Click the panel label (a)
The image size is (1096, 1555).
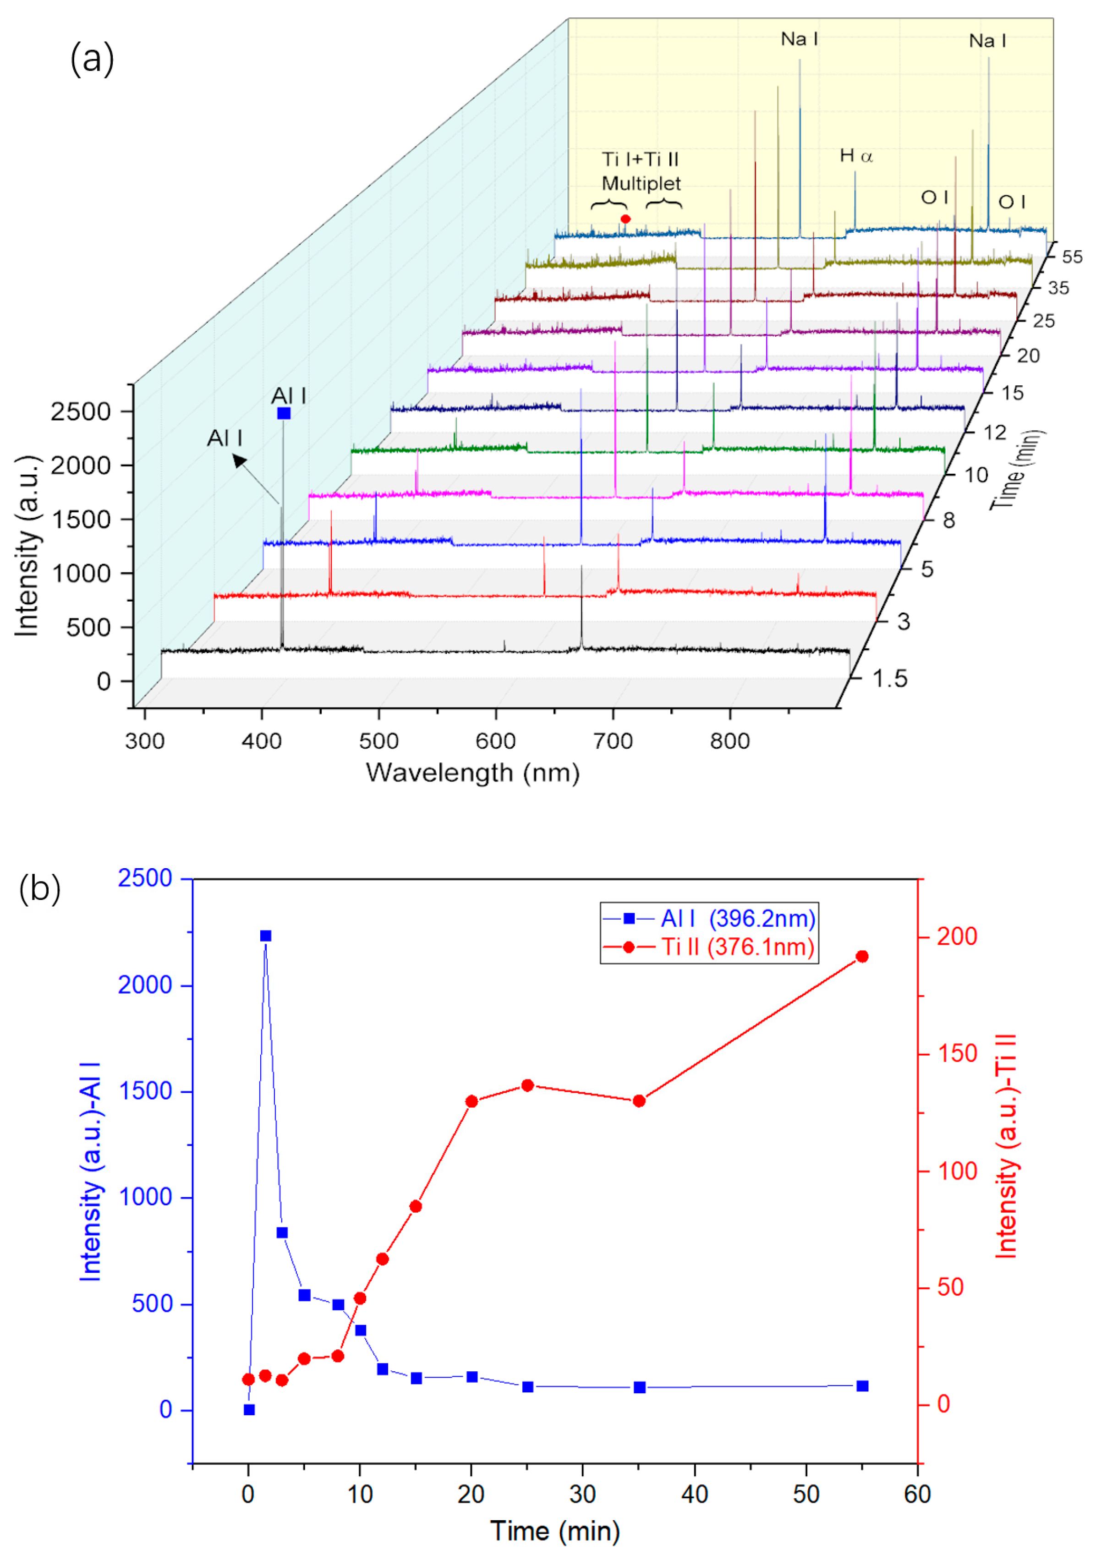point(92,60)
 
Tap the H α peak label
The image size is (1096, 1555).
point(856,156)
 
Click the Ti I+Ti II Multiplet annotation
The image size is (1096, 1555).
point(641,171)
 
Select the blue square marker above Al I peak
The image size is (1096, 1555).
point(284,413)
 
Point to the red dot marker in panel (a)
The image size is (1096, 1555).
point(625,219)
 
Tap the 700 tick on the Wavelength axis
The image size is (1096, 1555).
point(612,741)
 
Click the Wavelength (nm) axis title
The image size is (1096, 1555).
point(473,773)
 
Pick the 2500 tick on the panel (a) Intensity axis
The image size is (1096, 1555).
point(81,412)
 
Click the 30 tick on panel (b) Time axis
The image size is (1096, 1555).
point(582,1493)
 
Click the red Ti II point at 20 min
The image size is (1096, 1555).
point(472,1101)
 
